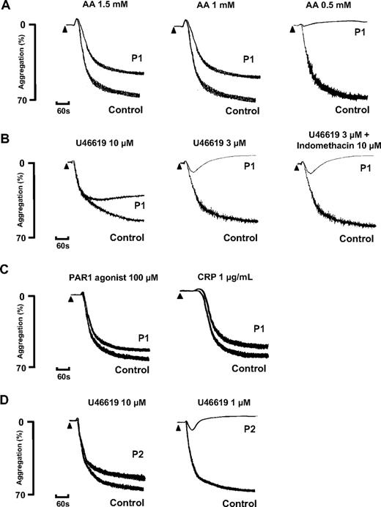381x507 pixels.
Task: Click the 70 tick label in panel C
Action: [23, 366]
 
